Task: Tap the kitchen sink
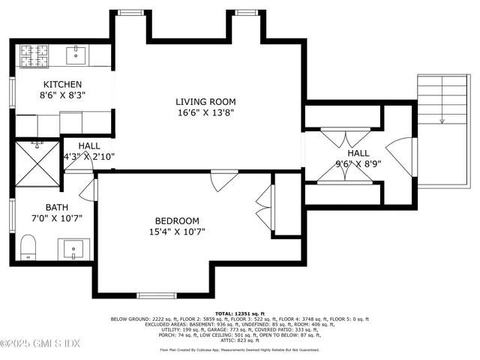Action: point(76,54)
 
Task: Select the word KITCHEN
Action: point(62,85)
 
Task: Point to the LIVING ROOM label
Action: point(205,102)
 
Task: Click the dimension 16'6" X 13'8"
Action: point(205,112)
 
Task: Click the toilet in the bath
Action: point(28,246)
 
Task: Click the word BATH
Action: point(56,207)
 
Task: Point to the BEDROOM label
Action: point(177,220)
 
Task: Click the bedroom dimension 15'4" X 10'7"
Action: point(177,232)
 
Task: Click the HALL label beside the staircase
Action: point(357,153)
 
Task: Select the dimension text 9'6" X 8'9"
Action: point(357,163)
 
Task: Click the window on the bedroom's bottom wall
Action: point(156,295)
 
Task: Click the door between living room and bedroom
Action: point(223,180)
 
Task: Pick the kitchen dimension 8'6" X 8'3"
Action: point(62,95)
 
